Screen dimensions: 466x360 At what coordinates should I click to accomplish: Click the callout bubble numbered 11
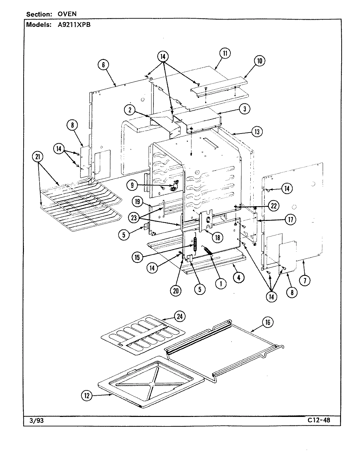tap(225, 54)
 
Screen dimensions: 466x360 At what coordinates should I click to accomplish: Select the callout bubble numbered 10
tap(259, 61)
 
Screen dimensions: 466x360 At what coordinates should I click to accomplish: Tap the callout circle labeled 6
tap(103, 65)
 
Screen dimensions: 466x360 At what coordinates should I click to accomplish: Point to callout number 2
tap(130, 110)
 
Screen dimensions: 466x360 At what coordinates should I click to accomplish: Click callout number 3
tap(244, 109)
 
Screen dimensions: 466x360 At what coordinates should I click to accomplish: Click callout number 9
tap(132, 185)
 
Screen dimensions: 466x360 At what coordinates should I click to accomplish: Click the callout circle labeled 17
tap(290, 220)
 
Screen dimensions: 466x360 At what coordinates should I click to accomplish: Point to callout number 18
tap(217, 238)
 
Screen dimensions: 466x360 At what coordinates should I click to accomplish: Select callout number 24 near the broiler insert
tap(179, 316)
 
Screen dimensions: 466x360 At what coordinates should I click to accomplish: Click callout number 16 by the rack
tap(267, 322)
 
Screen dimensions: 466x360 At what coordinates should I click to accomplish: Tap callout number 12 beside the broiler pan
tap(86, 396)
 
